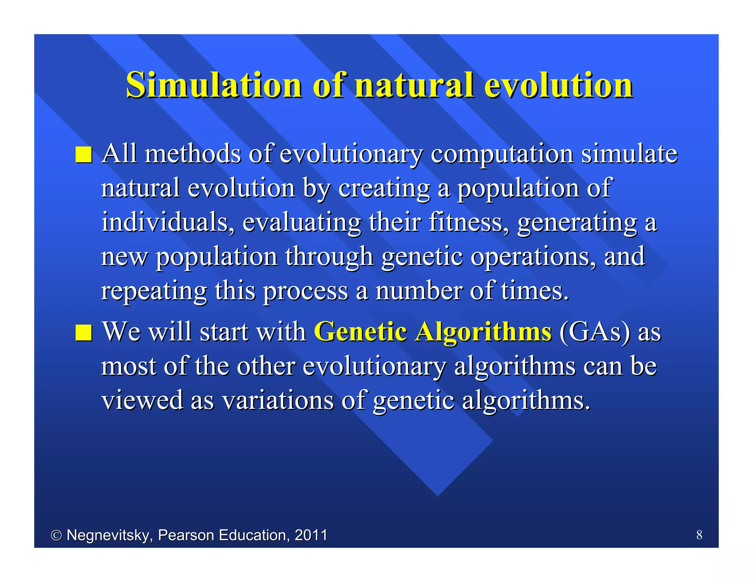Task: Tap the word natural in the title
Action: [x=414, y=85]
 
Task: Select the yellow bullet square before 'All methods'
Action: [x=84, y=155]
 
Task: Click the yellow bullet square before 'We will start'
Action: [x=84, y=333]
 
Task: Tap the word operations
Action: [x=533, y=257]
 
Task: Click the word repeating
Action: [x=154, y=291]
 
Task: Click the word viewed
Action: [x=142, y=400]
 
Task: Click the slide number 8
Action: [x=699, y=535]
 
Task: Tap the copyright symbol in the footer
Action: [x=56, y=535]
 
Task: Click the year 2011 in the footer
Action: [x=311, y=535]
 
